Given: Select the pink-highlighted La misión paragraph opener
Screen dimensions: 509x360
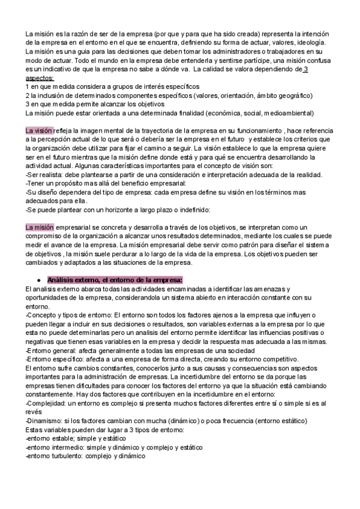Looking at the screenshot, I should (40, 227).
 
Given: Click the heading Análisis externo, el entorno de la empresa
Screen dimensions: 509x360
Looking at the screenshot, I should (115, 280).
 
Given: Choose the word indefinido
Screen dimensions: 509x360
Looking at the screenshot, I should (191, 209).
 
